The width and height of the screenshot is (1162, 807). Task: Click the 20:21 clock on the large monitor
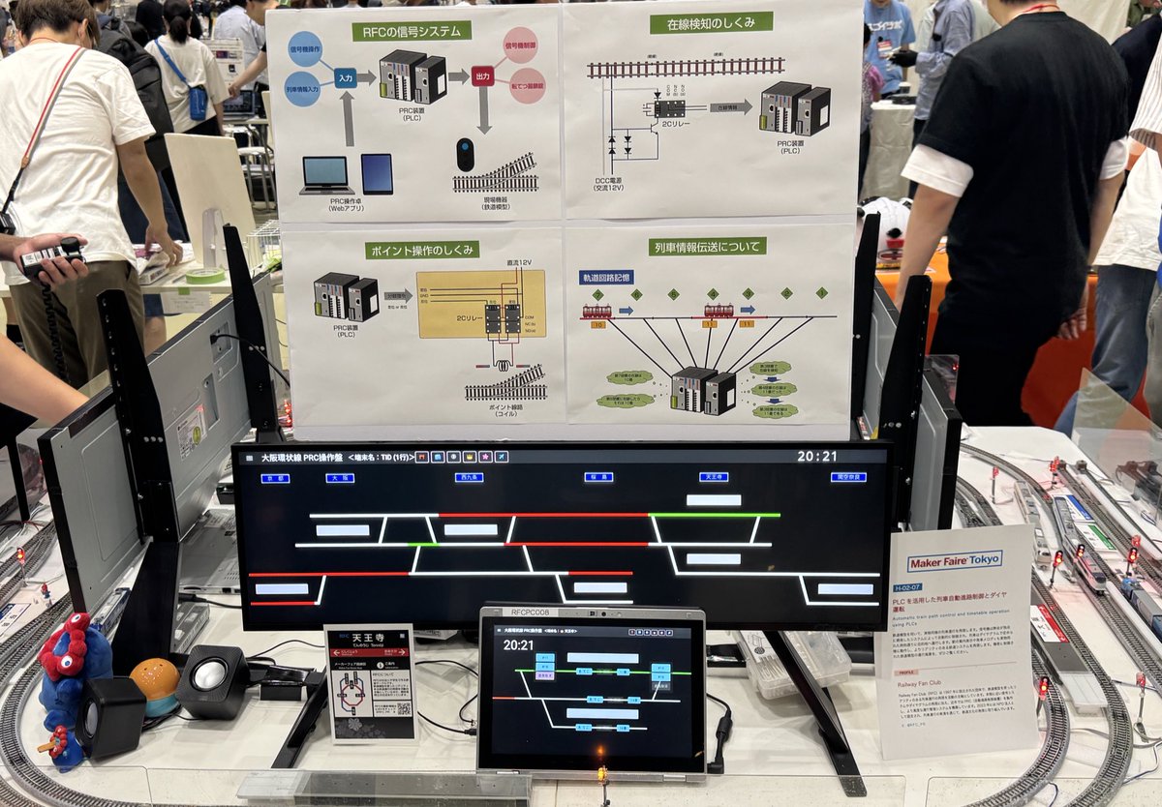pos(816,456)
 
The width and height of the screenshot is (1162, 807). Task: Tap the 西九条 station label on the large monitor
pos(469,477)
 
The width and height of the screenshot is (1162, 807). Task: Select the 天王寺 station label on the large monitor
pos(713,477)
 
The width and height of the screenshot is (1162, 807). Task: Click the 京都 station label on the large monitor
pos(275,478)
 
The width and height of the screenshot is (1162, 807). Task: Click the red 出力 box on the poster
pos(482,75)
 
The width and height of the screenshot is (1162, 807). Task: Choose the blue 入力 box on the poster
pos(346,76)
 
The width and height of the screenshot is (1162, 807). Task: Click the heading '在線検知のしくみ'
pos(711,22)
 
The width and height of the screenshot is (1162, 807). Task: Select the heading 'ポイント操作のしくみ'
pos(422,250)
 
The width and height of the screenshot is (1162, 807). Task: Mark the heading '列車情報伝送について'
pos(707,246)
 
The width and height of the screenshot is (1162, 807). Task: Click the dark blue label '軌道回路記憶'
pos(606,278)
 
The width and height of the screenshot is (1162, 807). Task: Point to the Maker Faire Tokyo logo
pos(954,560)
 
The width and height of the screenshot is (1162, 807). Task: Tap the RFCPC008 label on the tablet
pos(530,613)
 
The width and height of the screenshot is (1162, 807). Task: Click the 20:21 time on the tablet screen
pos(518,644)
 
